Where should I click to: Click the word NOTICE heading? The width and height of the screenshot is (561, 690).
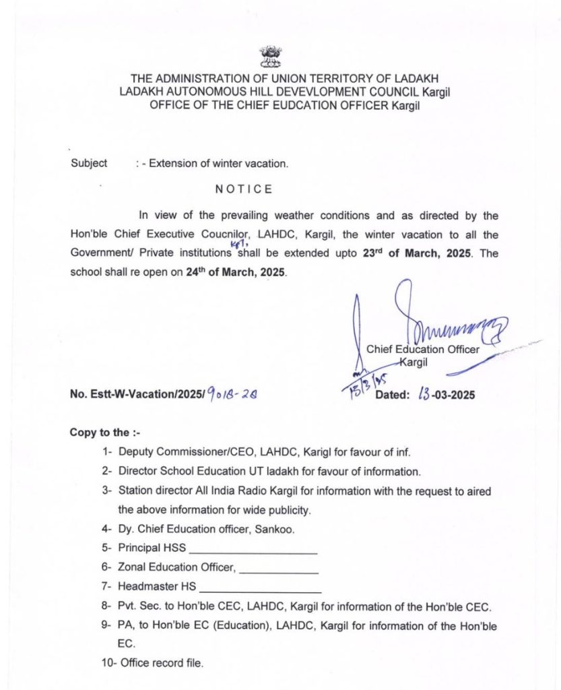tap(244, 189)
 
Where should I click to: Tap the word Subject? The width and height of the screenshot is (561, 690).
tap(88, 163)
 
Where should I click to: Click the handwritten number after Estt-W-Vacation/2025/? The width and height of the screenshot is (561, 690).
tap(232, 394)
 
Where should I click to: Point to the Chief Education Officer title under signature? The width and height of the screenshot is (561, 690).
tap(423, 349)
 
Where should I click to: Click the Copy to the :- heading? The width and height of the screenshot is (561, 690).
tap(104, 433)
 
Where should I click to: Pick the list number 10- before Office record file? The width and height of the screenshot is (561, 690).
tap(109, 663)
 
